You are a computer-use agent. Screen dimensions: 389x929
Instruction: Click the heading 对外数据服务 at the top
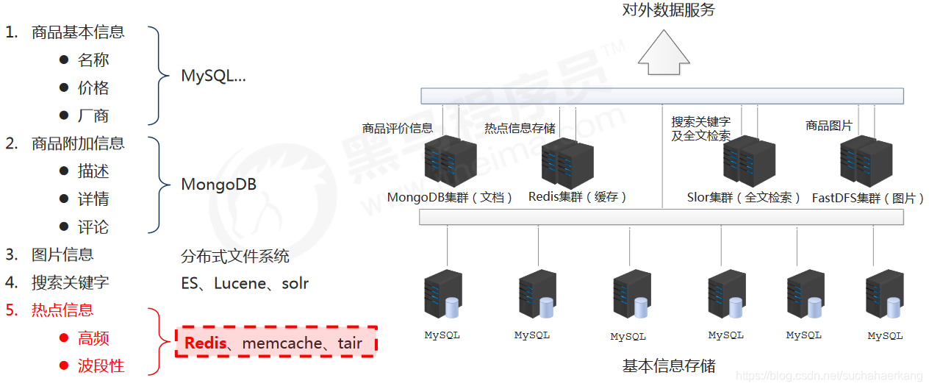pos(668,10)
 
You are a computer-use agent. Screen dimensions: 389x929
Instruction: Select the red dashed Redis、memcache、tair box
pos(276,343)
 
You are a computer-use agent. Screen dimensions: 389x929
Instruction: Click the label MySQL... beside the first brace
pos(213,75)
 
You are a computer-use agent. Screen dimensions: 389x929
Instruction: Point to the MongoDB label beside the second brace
pos(218,184)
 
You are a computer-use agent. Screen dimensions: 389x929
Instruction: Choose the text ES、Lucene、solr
pos(245,283)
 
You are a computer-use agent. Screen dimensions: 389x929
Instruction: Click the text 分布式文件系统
pos(235,256)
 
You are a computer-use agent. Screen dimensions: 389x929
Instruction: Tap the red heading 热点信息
pos(62,310)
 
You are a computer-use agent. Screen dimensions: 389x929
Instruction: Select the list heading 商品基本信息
pos(78,32)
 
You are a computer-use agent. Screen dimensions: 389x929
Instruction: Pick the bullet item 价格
pos(93,88)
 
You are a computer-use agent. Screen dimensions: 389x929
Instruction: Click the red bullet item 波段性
pos(101,365)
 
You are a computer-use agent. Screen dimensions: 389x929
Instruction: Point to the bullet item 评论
pos(93,227)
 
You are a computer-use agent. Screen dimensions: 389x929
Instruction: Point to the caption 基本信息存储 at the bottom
pos(668,365)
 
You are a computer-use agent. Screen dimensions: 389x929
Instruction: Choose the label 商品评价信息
pos(398,128)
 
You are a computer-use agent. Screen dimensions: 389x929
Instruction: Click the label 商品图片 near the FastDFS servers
pos(828,126)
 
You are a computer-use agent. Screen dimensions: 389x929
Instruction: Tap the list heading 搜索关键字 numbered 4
pos(70,282)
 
